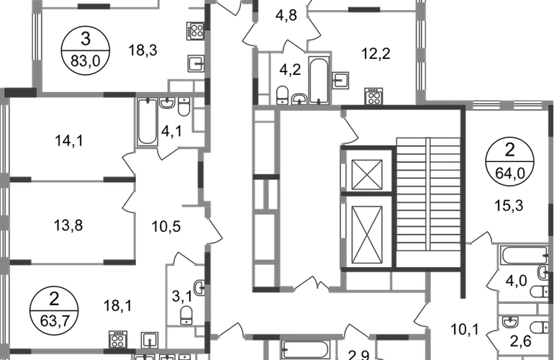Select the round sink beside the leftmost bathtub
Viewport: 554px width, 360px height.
coord(183,110)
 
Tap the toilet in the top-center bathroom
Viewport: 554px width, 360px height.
coord(284,91)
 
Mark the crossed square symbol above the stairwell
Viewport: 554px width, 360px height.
coord(373,92)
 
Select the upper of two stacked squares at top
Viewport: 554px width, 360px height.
coord(194,31)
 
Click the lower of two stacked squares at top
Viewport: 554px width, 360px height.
coord(194,63)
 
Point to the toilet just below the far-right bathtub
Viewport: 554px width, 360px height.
coord(535,290)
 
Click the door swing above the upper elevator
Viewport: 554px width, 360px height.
coord(352,130)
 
